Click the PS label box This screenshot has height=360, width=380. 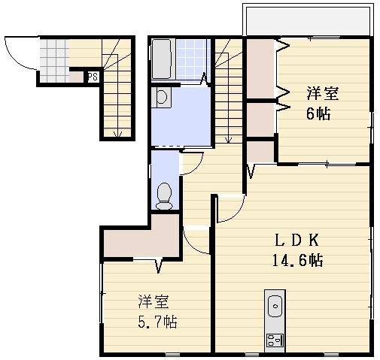[92, 77]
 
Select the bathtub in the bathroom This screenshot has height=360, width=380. [163, 59]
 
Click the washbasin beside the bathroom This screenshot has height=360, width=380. [162, 97]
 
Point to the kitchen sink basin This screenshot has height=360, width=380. [275, 307]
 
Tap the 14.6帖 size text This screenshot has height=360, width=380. [297, 261]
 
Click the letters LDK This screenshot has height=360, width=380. [296, 241]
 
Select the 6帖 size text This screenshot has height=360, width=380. [318, 115]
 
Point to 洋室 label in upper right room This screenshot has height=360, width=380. [322, 94]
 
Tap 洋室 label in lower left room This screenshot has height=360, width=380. [153, 302]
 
